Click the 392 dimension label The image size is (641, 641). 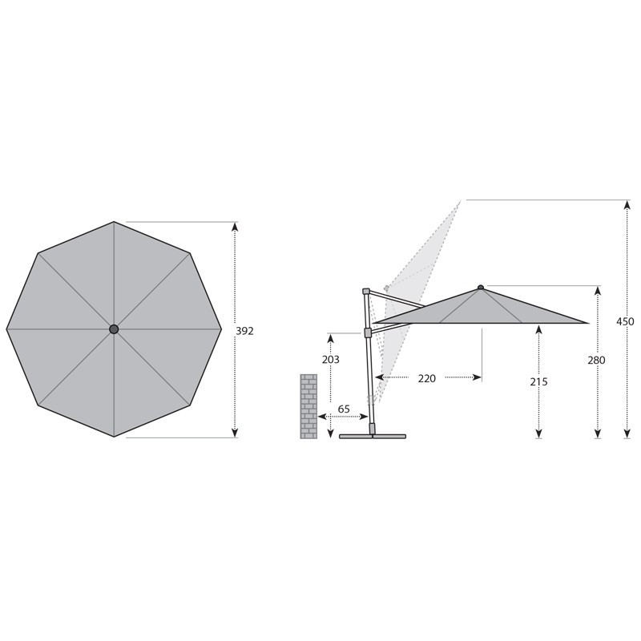[244, 331]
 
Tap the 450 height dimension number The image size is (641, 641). [625, 321]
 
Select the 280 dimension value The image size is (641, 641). [596, 360]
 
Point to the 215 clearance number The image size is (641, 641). [538, 382]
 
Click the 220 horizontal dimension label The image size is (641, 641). [427, 378]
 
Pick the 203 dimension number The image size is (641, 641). [331, 359]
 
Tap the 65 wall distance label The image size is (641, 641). [344, 409]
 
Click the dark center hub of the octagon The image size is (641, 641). [114, 329]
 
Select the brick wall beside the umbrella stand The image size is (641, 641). [308, 406]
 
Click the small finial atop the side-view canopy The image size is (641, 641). [480, 288]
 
